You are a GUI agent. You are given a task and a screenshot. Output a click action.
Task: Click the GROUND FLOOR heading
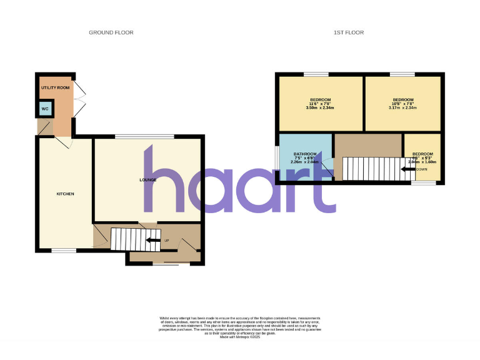[111, 32]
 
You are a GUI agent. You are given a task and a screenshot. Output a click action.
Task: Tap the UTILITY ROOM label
[55, 88]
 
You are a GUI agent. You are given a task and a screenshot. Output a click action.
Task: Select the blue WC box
[44, 109]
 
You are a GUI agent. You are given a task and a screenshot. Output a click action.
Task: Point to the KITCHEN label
[65, 194]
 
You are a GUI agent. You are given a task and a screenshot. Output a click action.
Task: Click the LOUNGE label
[147, 180]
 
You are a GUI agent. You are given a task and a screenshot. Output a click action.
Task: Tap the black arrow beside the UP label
[152, 240]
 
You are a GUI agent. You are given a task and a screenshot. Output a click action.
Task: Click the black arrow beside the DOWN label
[409, 169]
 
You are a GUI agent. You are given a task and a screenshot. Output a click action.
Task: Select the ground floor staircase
[127, 239]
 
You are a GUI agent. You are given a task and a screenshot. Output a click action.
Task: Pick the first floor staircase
[371, 168]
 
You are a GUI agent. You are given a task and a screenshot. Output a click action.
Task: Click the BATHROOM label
[305, 154]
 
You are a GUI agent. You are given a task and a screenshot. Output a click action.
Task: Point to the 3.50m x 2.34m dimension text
[320, 108]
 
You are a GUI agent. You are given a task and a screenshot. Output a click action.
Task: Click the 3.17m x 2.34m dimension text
[402, 108]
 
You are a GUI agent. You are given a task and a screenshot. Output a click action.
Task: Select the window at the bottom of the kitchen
[63, 251]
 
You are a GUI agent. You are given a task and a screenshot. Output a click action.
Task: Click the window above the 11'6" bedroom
[316, 74]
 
